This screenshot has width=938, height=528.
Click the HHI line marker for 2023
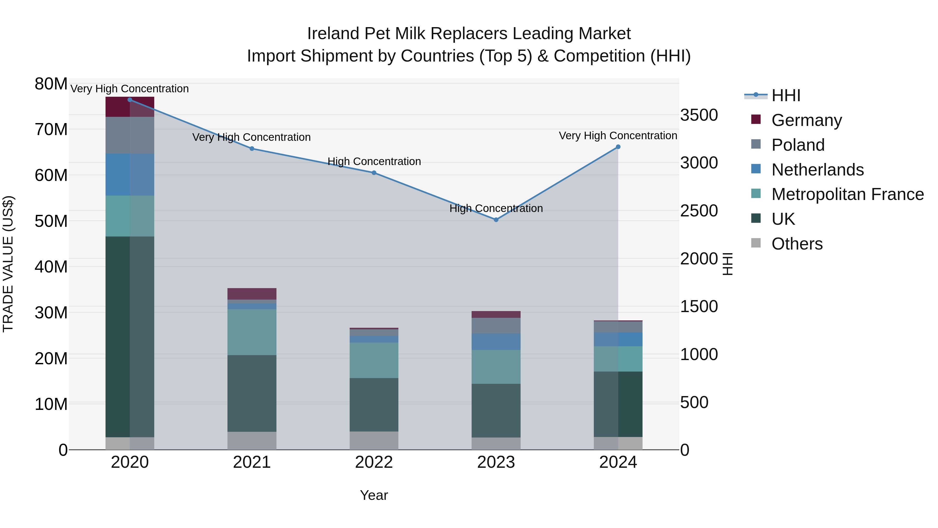pos(496,220)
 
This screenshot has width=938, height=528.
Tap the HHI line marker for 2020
pos(130,100)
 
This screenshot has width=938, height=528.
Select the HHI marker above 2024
pos(618,147)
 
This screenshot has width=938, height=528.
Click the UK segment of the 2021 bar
pos(252,393)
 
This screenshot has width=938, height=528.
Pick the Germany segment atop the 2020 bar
pos(130,107)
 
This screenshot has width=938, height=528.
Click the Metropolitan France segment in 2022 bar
pos(374,360)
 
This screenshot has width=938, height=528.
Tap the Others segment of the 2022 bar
pos(374,441)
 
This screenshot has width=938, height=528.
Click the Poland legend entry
pos(798,145)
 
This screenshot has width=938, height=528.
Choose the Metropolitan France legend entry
pos(847,195)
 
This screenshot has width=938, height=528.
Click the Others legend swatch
pos(756,243)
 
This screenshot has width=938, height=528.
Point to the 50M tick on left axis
pos(51,221)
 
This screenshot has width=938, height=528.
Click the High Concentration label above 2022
pos(374,161)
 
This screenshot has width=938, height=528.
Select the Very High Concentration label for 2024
pos(618,136)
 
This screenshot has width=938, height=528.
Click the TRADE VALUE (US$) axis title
pos(8,264)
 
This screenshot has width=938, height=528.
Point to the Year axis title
pos(374,495)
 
